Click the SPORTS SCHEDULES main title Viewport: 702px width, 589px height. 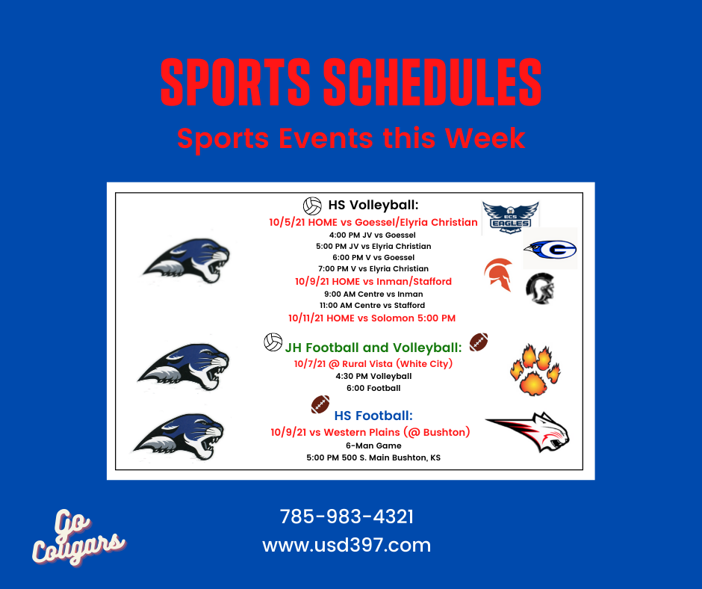point(351,82)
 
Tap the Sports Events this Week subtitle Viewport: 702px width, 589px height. point(351,138)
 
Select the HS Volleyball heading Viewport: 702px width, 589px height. point(373,205)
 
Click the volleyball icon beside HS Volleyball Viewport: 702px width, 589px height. point(312,206)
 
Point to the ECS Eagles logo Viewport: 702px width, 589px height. point(510,218)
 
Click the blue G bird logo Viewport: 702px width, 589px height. point(550,249)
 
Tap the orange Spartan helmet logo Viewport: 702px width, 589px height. point(498,274)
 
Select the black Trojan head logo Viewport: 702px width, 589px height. point(541,289)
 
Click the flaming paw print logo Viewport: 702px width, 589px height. point(535,370)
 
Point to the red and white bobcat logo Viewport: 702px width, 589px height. point(528,431)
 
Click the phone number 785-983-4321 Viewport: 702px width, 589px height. point(347,516)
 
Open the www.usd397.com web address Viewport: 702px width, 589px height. point(347,545)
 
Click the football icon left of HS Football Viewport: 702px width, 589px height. point(320,404)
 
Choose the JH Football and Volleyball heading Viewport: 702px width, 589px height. point(373,348)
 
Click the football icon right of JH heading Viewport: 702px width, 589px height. point(479,342)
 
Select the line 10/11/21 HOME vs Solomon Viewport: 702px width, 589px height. point(372,318)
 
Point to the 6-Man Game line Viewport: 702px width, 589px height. point(373,445)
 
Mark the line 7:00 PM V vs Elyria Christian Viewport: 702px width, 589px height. point(373,268)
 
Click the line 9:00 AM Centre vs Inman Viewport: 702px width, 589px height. point(373,294)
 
